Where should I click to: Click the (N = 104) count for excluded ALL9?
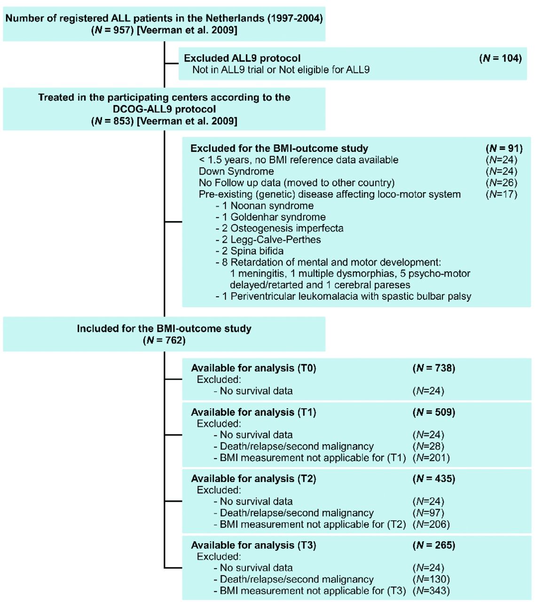[500, 58]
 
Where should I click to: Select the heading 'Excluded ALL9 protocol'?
[242, 58]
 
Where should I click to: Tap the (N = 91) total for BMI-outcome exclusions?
[504, 148]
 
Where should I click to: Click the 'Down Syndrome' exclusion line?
[236, 171]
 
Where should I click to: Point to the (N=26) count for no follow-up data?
[501, 182]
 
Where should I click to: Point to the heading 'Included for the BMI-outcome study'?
[164, 328]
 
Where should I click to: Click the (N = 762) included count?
[164, 340]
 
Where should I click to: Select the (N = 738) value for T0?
[434, 368]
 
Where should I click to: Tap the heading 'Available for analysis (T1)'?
[253, 412]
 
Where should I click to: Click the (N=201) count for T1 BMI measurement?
[431, 458]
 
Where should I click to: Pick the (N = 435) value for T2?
[434, 479]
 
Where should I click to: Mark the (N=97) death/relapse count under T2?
[428, 513]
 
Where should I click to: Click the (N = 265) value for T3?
[434, 545]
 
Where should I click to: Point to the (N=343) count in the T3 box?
[431, 591]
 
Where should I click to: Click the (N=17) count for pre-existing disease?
[501, 194]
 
